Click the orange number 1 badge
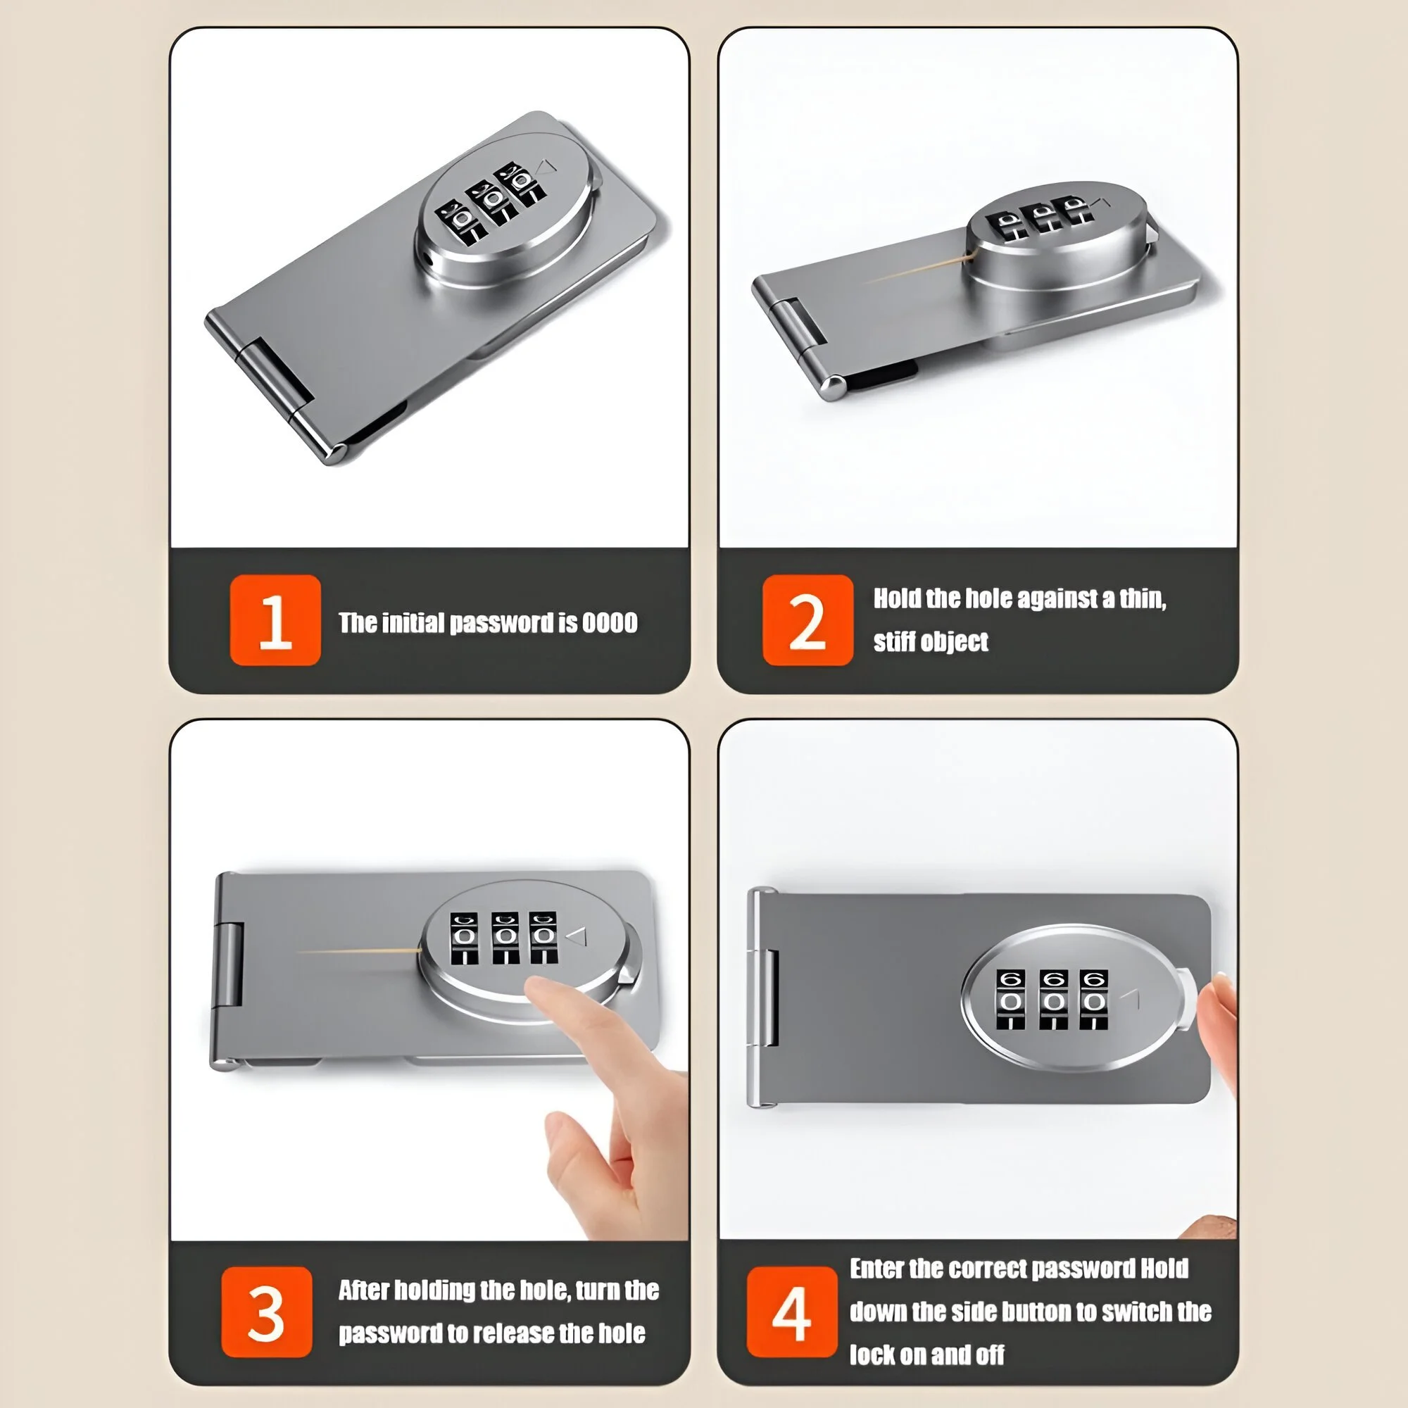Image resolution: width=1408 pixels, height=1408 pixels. pos(275,620)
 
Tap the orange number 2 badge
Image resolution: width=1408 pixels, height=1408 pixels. pos(807,620)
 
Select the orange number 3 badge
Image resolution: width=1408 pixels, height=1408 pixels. pos(267,1312)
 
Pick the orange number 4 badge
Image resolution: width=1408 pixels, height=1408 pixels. pos(792,1312)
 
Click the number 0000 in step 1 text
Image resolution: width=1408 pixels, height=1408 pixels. pos(609,623)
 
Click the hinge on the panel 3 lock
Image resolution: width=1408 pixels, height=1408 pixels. pos(230,964)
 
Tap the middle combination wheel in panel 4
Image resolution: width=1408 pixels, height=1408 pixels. pos(1054,999)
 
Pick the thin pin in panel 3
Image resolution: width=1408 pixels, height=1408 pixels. pos(359,951)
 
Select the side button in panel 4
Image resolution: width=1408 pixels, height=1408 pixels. pos(1186,998)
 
